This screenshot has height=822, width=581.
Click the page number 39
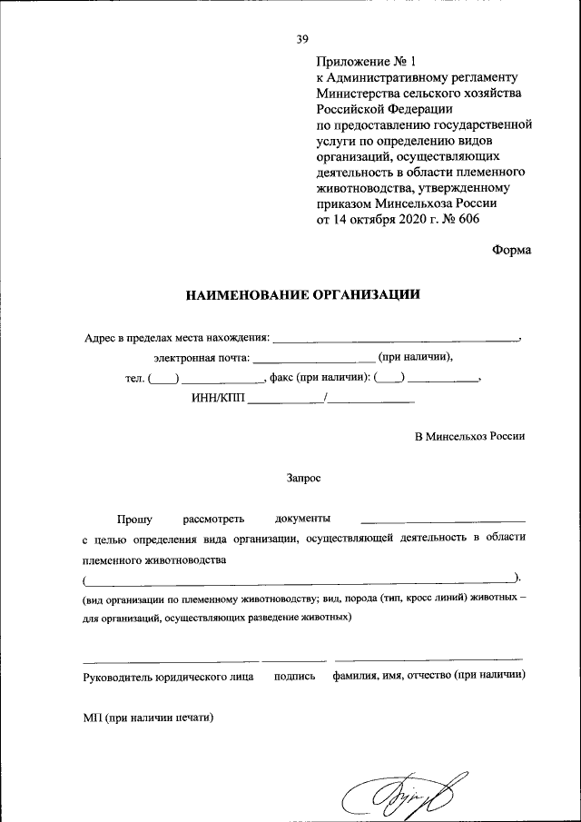tap(302, 39)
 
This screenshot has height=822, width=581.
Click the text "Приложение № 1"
tap(364, 63)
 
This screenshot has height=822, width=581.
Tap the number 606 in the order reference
tap(467, 219)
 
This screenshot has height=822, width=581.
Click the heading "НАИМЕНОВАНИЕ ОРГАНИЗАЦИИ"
tap(303, 294)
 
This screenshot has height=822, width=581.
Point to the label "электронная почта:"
tap(202, 358)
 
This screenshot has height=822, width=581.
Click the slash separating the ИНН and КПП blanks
tap(324, 397)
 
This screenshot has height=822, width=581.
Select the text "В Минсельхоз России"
tap(470, 437)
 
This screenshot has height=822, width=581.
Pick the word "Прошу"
tap(134, 518)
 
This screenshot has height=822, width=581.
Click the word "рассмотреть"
tap(213, 518)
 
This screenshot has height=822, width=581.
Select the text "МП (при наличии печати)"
tap(148, 718)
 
